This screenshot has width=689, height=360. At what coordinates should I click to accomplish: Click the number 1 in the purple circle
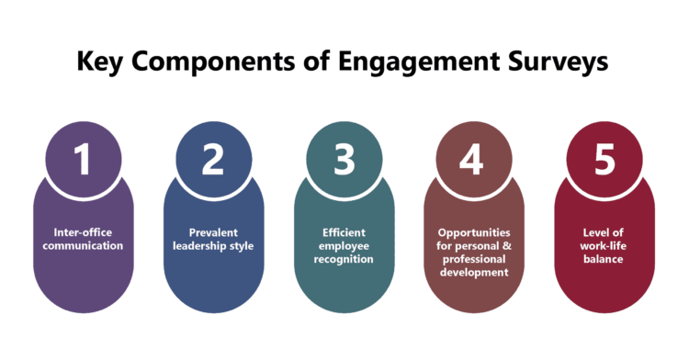(x=83, y=159)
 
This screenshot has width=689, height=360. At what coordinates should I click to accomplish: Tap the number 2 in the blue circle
(x=213, y=159)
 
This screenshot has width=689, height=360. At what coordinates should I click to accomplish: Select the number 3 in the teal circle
(x=344, y=159)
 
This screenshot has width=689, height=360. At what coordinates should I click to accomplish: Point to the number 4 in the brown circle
(x=472, y=159)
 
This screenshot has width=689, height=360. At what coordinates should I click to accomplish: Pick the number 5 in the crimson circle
(x=604, y=159)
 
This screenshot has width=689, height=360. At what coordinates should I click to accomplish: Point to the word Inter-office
(x=83, y=233)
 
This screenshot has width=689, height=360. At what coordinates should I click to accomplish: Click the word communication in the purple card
(x=83, y=246)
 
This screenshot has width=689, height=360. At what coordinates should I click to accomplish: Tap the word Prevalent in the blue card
(x=213, y=233)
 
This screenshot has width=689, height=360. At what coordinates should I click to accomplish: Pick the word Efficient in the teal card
(x=344, y=233)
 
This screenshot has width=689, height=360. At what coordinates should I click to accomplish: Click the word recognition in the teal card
(x=344, y=260)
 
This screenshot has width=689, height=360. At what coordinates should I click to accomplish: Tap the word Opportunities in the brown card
(x=473, y=233)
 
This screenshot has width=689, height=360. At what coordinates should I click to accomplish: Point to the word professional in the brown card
(x=473, y=260)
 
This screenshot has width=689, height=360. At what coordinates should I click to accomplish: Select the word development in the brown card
(x=473, y=273)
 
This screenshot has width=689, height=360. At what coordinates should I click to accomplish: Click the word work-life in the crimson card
(x=604, y=246)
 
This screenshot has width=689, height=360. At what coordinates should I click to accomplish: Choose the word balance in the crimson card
(x=604, y=260)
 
